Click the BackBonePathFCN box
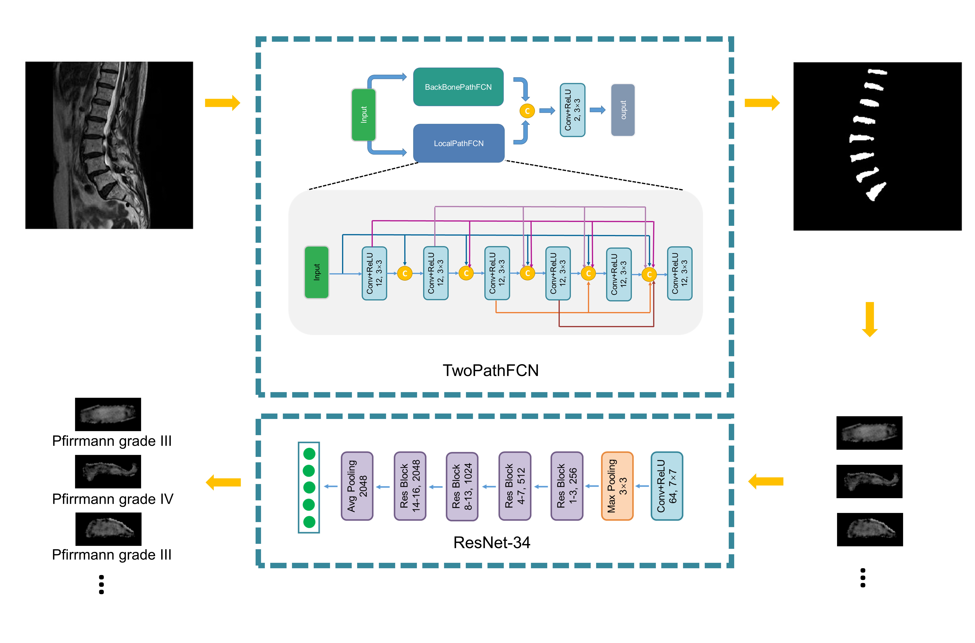(458, 87)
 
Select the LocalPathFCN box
(458, 143)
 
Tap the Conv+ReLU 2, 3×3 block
(572, 110)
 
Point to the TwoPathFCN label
(490, 370)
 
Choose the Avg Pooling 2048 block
(357, 486)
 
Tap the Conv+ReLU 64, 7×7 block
(667, 486)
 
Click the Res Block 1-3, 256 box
(567, 486)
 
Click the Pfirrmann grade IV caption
(113, 499)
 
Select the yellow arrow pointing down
(869, 319)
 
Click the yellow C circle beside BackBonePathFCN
(527, 111)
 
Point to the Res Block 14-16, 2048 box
(410, 486)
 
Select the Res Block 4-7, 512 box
(515, 486)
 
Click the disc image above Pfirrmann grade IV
(108, 472)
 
